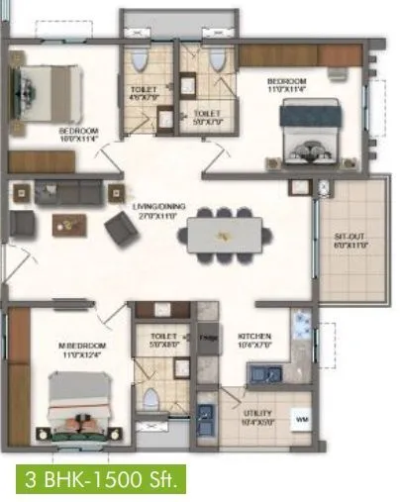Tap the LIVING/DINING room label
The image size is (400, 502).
[x=153, y=205]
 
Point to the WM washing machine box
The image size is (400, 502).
[x=301, y=421]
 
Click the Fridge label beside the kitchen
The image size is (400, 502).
[x=208, y=338]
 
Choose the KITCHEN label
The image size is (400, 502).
[x=254, y=336]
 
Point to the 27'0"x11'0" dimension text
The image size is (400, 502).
[x=153, y=214]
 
